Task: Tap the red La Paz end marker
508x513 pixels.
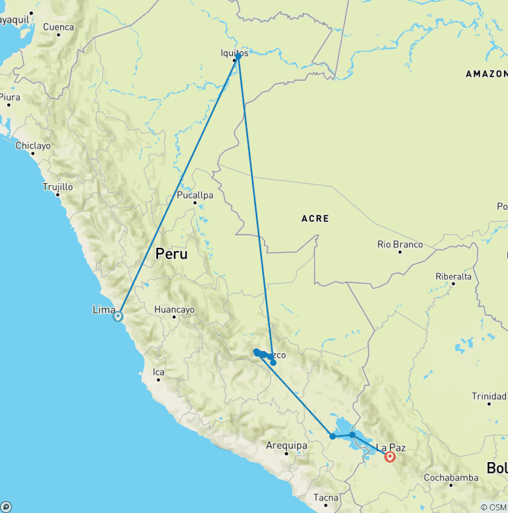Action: click(390, 456)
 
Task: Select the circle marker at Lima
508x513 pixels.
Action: click(118, 316)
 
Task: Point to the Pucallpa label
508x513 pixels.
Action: click(195, 196)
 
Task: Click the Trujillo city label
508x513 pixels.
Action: click(58, 187)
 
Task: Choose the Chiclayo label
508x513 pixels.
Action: click(34, 145)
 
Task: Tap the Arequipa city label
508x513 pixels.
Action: click(286, 446)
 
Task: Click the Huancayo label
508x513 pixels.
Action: click(174, 309)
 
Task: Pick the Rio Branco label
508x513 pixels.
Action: click(400, 244)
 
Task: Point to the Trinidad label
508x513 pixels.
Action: click(489, 396)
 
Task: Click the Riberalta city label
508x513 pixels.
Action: click(454, 276)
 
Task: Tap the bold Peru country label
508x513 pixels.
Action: click(171, 254)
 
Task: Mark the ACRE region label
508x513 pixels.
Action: click(315, 218)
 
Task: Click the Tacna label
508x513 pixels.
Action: click(327, 498)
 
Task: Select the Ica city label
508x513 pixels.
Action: click(159, 372)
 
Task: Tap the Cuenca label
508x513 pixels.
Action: click(58, 27)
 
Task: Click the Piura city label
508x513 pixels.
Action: click(9, 97)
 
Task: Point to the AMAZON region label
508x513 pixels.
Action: click(486, 74)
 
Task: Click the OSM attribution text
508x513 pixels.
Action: click(493, 507)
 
